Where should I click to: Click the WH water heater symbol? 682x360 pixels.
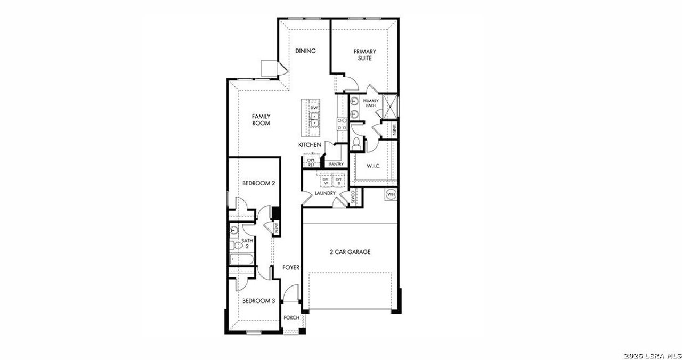(392, 194)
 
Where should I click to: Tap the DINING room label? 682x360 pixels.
(306, 51)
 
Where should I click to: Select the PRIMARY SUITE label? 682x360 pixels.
(365, 55)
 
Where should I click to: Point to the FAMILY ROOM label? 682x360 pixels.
(261, 120)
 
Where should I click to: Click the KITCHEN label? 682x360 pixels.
(310, 145)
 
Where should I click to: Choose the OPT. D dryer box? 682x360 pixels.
(338, 181)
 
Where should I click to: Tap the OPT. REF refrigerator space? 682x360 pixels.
(311, 163)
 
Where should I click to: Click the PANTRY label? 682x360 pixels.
(336, 165)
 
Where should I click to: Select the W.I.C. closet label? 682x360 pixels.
(373, 166)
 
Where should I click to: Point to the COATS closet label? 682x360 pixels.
(353, 198)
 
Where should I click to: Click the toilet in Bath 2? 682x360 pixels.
(233, 246)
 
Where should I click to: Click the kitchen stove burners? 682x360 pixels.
(342, 124)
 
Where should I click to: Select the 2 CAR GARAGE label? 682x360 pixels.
(350, 252)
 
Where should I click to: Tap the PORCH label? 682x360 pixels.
(291, 318)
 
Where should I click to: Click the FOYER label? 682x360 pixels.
(291, 267)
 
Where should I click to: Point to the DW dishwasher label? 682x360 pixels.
(314, 108)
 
